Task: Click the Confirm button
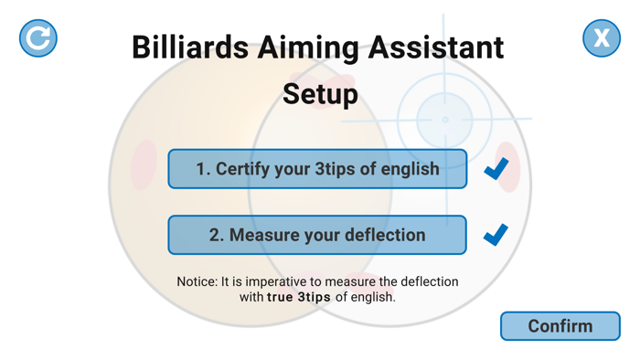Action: [x=560, y=326]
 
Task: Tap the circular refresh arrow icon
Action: [x=38, y=38]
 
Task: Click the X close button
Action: [x=601, y=38]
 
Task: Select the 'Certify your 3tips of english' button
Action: [x=317, y=169]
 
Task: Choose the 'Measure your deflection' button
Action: [x=317, y=235]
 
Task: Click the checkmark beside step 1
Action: [x=496, y=169]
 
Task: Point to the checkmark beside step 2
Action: [x=496, y=235]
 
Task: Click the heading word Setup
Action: [x=320, y=95]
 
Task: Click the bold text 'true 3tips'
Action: [x=299, y=297]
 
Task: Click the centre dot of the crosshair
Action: [x=445, y=120]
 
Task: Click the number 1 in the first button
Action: [x=201, y=170]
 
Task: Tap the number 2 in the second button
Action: [x=215, y=235]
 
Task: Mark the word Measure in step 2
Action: [x=263, y=235]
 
